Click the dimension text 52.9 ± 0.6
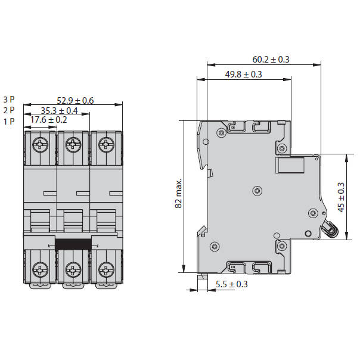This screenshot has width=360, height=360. click(75, 100)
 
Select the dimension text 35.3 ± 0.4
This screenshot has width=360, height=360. click(59, 110)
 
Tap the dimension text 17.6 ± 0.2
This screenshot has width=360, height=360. click(49, 120)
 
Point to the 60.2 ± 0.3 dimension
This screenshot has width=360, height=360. click(271, 60)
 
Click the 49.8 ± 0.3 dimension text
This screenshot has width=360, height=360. click(243, 74)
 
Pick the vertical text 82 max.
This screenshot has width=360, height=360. click(178, 194)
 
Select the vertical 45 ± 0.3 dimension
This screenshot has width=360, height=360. click(341, 197)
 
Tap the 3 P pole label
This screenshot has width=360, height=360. click(9, 100)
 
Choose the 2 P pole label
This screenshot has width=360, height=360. click(9, 110)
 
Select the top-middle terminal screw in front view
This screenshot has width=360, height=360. click(73, 144)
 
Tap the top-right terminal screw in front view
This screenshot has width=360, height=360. click(106, 144)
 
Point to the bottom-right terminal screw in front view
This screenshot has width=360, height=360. click(106, 269)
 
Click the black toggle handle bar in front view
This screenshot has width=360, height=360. click(73, 243)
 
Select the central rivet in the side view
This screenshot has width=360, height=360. click(257, 191)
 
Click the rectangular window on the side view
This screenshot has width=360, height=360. click(290, 165)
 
